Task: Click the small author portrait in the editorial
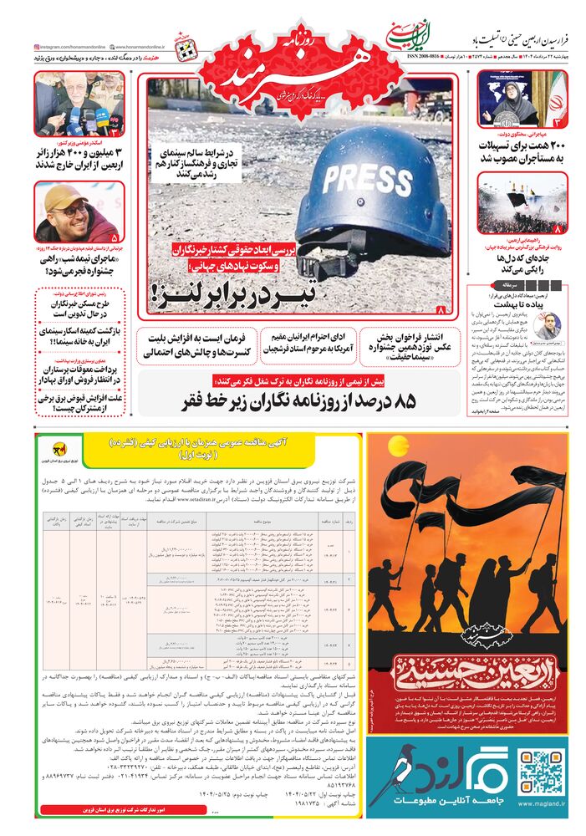pyautogui.click(x=548, y=325)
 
